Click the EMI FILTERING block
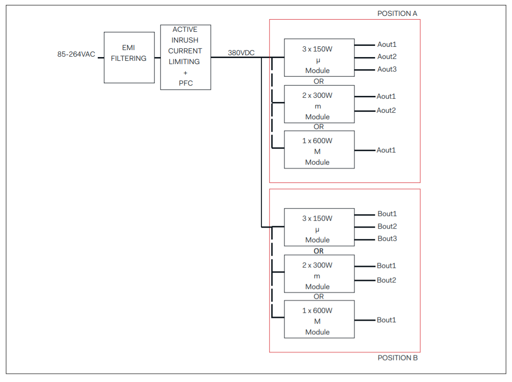pyautogui.click(x=129, y=58)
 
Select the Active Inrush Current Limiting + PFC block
pyautogui.click(x=185, y=57)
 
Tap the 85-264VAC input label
pyautogui.click(x=76, y=54)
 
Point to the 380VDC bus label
pyautogui.click(x=241, y=53)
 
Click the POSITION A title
pyautogui.click(x=397, y=14)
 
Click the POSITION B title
pyautogui.click(x=397, y=358)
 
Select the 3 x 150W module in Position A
pyautogui.click(x=319, y=58)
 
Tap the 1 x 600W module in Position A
pyautogui.click(x=319, y=150)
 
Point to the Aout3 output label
pyautogui.click(x=387, y=69)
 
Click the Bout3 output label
pyautogui.click(x=387, y=238)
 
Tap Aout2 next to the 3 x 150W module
pyautogui.click(x=387, y=57)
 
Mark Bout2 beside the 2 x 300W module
pyautogui.click(x=386, y=280)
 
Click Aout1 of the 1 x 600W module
pyautogui.click(x=386, y=150)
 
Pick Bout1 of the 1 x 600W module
pyautogui.click(x=386, y=320)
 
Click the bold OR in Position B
pyautogui.click(x=318, y=251)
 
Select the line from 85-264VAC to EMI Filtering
pyautogui.click(x=101, y=58)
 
